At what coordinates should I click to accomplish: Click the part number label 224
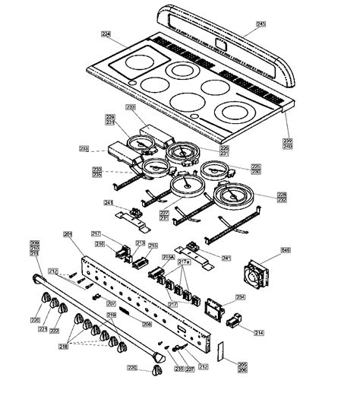[x=106, y=33]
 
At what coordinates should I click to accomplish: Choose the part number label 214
[x=259, y=333]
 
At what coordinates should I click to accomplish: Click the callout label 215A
[x=169, y=258]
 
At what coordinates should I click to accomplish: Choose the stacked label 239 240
[x=287, y=143]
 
